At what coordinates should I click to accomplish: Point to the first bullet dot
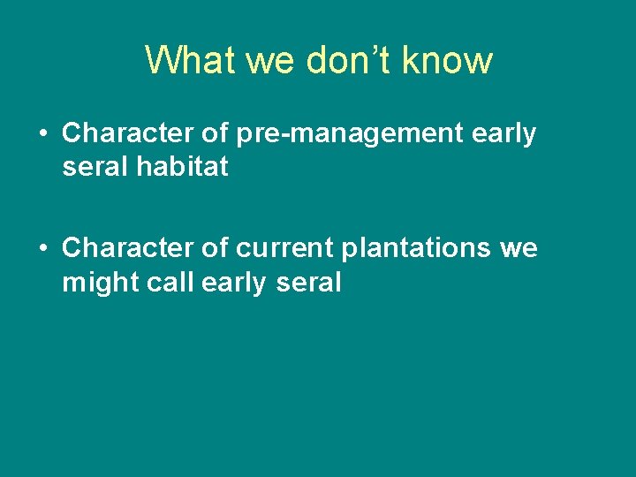[43, 134]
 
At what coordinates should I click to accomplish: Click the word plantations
[414, 249]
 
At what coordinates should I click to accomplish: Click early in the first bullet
[503, 133]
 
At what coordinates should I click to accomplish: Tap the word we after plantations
[518, 249]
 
